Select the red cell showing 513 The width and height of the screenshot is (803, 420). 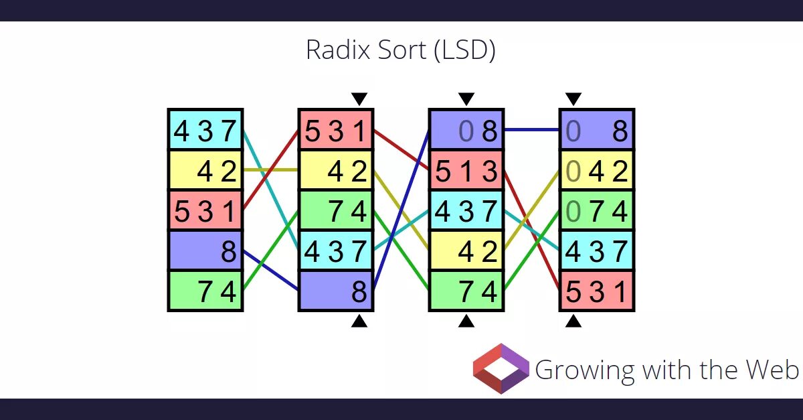point(466,171)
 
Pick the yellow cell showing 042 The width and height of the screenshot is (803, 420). point(597,171)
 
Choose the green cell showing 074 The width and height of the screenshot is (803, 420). point(597,212)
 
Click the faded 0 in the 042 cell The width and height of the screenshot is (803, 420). point(573,172)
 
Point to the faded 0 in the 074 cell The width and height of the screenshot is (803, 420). point(573,212)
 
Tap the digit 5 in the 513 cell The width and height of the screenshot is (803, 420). point(443,172)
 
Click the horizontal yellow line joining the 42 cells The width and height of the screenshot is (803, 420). point(270,170)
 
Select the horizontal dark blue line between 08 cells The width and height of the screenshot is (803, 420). point(532,130)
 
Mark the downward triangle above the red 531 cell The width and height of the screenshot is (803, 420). point(359,99)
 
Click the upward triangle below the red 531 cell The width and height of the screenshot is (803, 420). point(573,322)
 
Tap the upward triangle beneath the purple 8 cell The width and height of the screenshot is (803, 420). point(359,322)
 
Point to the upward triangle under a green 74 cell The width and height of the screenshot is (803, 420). point(466,322)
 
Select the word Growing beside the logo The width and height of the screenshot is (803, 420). point(575,370)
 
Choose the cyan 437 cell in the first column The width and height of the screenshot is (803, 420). point(205,131)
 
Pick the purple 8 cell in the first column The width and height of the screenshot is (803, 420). point(205,251)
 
